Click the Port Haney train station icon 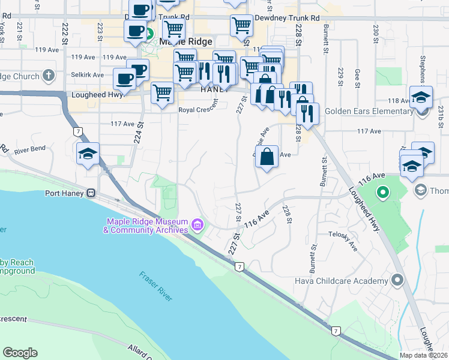[91, 193]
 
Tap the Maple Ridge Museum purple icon [197, 226]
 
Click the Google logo [20, 353]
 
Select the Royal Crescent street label [199, 110]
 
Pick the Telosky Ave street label [343, 241]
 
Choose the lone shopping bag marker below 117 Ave [268, 157]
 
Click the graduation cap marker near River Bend [88, 154]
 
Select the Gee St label [357, 74]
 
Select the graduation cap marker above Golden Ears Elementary [421, 97]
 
